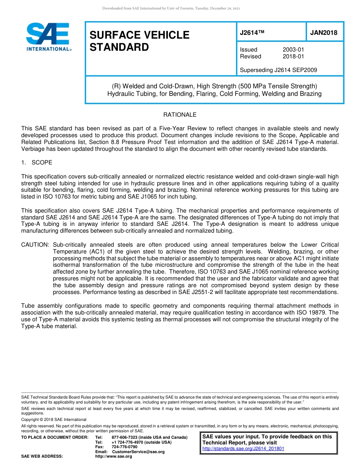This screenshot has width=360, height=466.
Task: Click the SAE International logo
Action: pos(48,37)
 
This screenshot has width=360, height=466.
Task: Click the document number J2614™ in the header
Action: pos(251,33)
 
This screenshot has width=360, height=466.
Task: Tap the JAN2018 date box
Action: pos(324,33)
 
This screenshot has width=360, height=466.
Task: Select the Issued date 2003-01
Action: pos(293,50)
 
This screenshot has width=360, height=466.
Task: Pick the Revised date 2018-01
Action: pos(293,56)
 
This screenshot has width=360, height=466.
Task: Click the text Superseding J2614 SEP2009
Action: pos(279,70)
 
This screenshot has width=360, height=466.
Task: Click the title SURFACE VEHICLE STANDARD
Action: pos(139,41)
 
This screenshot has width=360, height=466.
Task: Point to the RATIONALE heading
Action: pos(180,115)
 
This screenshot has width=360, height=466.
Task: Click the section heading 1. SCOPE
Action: pos(37,163)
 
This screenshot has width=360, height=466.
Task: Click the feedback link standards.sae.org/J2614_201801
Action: pos(243,449)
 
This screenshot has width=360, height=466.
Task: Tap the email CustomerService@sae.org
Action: pos(138,452)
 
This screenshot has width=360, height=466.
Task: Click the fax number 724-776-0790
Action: pos(124,447)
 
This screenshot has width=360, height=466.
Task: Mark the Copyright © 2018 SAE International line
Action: pos(54,420)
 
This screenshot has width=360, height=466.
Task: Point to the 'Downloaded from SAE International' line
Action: pos(171,8)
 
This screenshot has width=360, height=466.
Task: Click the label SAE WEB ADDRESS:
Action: pos(42,457)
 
